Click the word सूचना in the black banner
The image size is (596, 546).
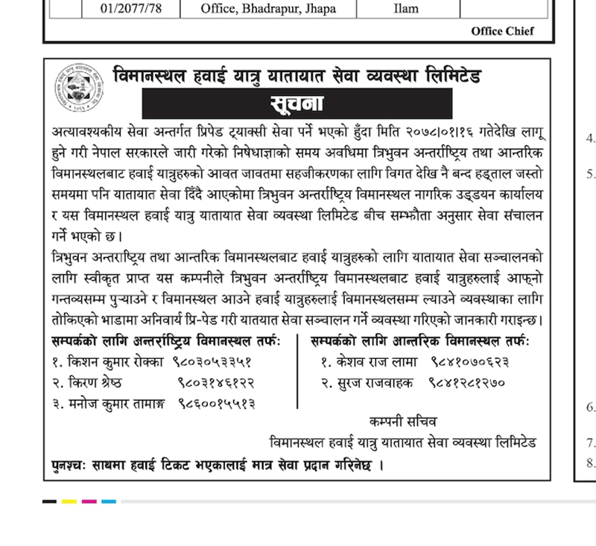[297, 103]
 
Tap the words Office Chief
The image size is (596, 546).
[502, 31]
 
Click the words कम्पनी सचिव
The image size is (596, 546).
[399, 422]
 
